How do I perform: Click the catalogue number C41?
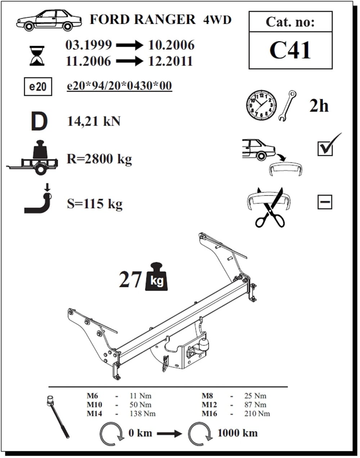coord(290,50)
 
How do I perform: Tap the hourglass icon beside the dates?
coord(37,55)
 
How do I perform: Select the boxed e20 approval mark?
coord(38,86)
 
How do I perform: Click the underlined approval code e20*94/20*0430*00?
coord(120,86)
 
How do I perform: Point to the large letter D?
coord(39,121)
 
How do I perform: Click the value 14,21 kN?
coord(94,122)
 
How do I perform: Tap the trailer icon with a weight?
coord(32,157)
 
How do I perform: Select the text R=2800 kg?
coord(99,159)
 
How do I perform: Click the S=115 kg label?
coord(95,204)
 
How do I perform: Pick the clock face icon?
coord(261,105)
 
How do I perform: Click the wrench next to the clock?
coord(287,106)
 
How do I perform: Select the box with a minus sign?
coord(325,202)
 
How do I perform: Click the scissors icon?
coord(270,207)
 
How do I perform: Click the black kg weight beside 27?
coord(157,277)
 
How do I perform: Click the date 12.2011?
coord(171,61)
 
